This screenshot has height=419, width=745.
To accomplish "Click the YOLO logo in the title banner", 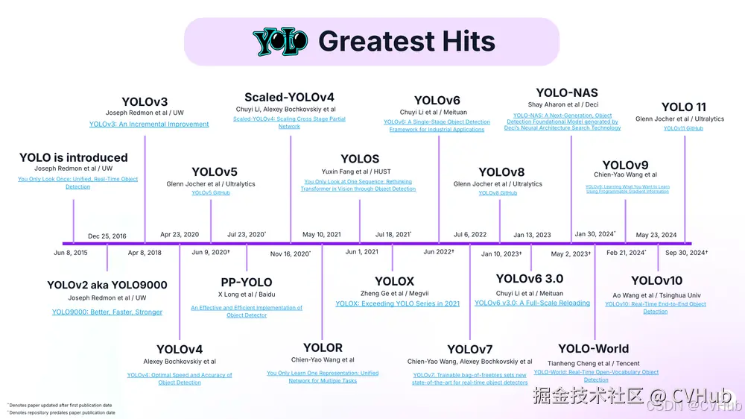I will pos(280,42).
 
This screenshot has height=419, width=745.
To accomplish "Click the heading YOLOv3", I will pos(145,101).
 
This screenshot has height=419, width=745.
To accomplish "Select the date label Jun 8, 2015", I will pos(71,253).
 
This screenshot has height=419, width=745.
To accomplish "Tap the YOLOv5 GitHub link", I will pos(211,193).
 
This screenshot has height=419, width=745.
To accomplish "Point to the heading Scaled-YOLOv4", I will pos(289,97).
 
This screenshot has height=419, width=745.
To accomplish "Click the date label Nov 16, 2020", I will pos(290,253).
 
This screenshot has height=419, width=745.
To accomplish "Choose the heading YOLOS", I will pos(360,159).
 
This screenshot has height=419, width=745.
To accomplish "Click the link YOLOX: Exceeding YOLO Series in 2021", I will pos(398,304).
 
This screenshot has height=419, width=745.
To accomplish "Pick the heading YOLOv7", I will pos(469,349).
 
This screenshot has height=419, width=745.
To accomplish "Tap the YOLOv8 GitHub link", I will pos(498,193).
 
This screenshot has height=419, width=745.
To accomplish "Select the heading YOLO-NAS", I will pos(567,92).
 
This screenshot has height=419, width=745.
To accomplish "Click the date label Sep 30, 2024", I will pos(686,253).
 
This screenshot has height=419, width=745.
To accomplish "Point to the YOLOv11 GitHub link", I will pos(683,128).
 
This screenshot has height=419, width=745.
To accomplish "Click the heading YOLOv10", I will pos(656,280).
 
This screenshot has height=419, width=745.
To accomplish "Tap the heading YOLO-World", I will pos(593,348).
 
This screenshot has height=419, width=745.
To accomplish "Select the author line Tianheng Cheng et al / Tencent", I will pos(594,363).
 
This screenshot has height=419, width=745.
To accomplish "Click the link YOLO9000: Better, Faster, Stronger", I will pos(107,312).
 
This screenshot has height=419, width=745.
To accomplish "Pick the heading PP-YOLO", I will pos(247,282).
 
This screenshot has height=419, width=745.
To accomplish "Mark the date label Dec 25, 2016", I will pos(107,236).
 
